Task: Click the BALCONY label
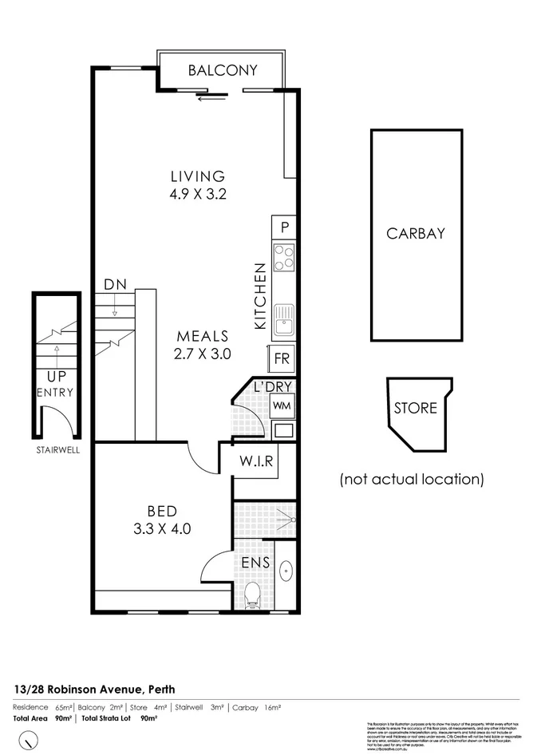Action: [x=223, y=70]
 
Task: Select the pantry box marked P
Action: [x=284, y=227]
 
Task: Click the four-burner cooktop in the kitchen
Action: [x=284, y=257]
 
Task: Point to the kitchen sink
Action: [x=284, y=320]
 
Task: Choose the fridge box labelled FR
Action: [x=282, y=358]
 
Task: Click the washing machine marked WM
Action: [x=282, y=405]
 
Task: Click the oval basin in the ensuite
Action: [x=286, y=571]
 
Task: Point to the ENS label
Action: [x=256, y=563]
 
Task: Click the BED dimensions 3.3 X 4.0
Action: [x=163, y=527]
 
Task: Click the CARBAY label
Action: [x=415, y=234]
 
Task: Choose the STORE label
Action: [x=416, y=408]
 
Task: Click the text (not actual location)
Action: [x=412, y=480]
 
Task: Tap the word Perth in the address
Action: [x=159, y=689]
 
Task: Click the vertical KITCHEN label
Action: [x=259, y=296]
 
